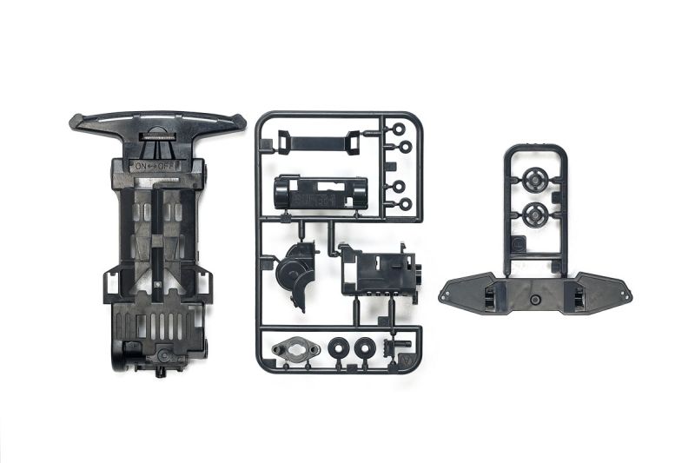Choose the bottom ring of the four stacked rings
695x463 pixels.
point(400,205)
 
